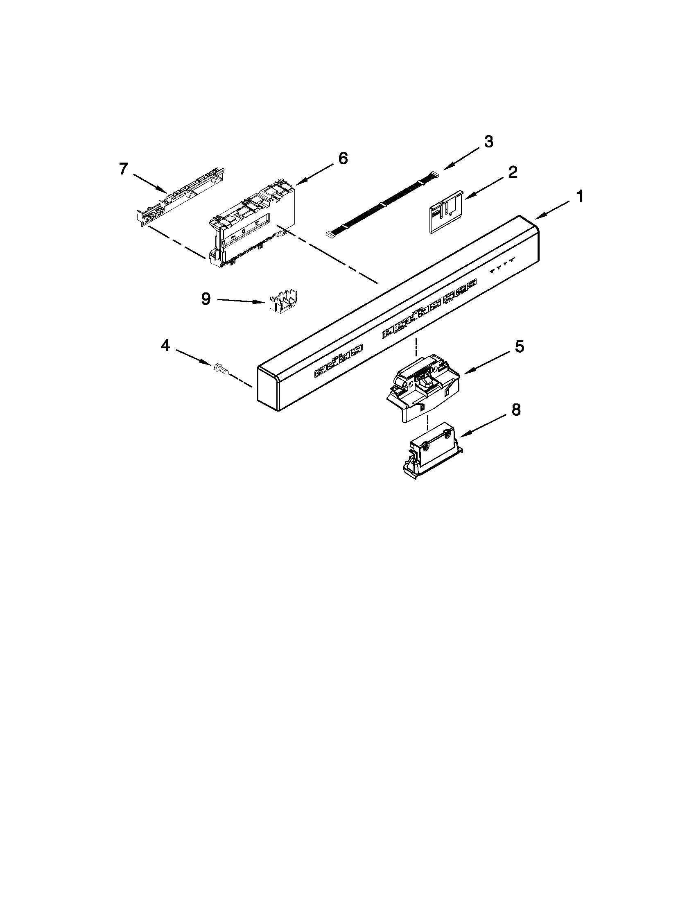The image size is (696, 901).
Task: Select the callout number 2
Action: coord(512,172)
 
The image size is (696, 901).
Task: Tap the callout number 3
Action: coord(488,142)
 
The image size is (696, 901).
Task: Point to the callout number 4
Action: coord(165,346)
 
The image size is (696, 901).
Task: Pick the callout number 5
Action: coord(519,347)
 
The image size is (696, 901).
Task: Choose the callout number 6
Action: coord(343,158)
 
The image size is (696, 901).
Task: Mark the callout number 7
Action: coord(123,169)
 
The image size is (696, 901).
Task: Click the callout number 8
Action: coord(516,410)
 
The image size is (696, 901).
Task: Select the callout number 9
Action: coord(206,299)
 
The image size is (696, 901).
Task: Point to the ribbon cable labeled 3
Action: coord(383,204)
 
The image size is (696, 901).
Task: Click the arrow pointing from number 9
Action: coord(241,301)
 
